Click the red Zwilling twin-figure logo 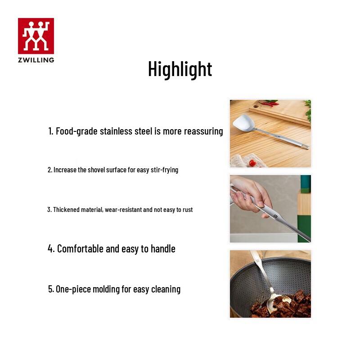click(x=36, y=36)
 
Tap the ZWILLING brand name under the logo click(x=36, y=60)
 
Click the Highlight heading click(x=180, y=69)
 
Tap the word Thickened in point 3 click(x=66, y=209)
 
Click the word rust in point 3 click(x=187, y=209)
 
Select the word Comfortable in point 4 click(x=80, y=248)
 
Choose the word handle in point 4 click(x=163, y=248)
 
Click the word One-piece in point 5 click(x=73, y=289)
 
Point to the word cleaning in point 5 click(x=166, y=289)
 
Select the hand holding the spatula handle click(x=250, y=191)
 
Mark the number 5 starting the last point click(x=50, y=289)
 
